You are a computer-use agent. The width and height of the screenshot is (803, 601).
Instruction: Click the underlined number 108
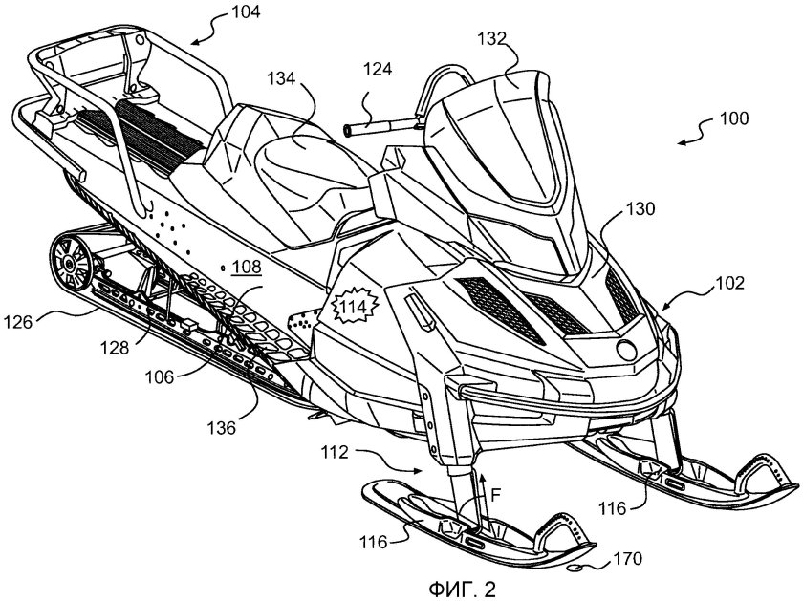pyautogui.click(x=249, y=267)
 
